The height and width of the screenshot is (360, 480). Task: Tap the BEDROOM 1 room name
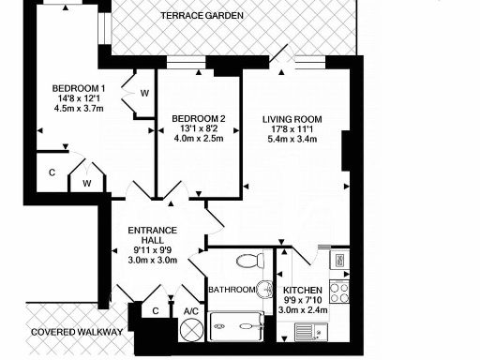[78, 91]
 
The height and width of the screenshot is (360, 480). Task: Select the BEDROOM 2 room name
[200, 119]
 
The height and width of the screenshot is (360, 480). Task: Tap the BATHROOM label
[231, 290]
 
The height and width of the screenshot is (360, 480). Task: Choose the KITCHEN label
[303, 290]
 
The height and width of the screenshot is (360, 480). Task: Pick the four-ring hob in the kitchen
[340, 291]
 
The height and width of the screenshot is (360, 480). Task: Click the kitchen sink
[310, 330]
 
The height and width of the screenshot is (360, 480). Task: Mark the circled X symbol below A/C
[191, 331]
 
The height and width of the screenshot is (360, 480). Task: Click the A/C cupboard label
[190, 311]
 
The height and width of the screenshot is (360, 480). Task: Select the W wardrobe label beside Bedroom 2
[144, 94]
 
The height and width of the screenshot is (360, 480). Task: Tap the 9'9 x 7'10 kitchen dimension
[303, 300]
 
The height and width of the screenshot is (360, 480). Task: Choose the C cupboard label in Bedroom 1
[52, 173]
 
